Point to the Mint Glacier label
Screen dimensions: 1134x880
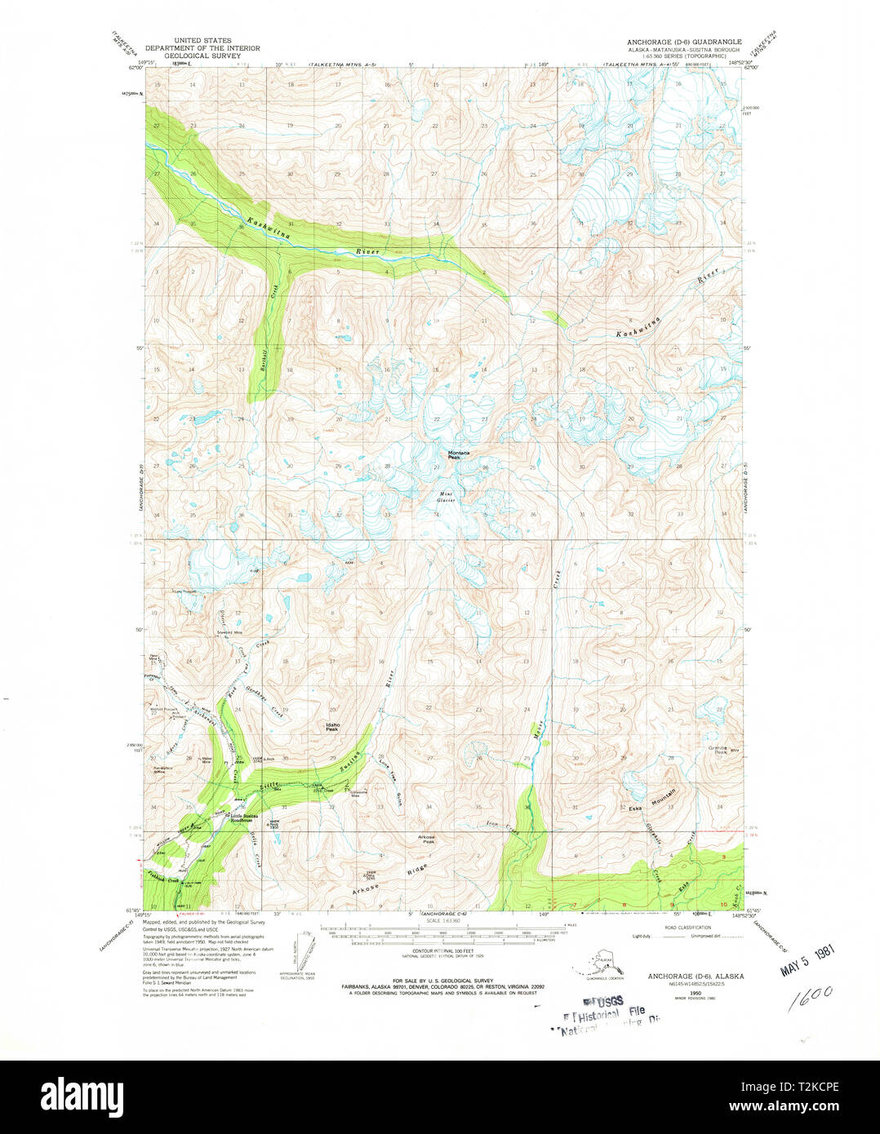tap(447, 497)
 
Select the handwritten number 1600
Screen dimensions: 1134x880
tap(811, 997)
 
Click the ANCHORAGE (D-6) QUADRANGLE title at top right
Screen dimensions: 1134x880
tap(684, 41)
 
